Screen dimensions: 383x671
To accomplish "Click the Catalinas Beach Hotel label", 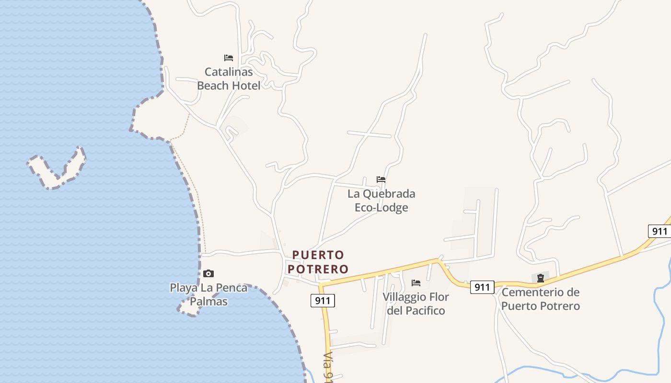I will (229, 79).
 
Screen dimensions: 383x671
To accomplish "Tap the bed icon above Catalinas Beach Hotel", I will (229, 58).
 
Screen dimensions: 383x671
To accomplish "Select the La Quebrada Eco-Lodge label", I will (382, 201).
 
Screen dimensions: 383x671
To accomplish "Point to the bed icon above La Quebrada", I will (381, 180).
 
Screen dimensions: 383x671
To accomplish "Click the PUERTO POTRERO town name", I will (318, 261).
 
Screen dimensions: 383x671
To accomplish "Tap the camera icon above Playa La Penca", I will (208, 273).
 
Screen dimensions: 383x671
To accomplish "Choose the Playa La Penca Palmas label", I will (208, 294).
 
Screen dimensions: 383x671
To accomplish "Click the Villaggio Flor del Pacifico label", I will (416, 304).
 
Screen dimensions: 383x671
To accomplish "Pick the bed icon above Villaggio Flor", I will (416, 283).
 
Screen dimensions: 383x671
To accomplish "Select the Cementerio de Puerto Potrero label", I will (541, 299).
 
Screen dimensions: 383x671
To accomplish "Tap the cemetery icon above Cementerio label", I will (541, 278).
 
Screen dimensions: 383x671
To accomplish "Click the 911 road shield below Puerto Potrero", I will (323, 301).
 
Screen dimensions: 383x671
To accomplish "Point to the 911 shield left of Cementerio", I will (482, 287).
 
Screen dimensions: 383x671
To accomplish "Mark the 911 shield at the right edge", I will (659, 231).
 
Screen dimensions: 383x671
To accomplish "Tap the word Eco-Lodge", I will (382, 208).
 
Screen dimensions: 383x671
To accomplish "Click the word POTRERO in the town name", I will (318, 269).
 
